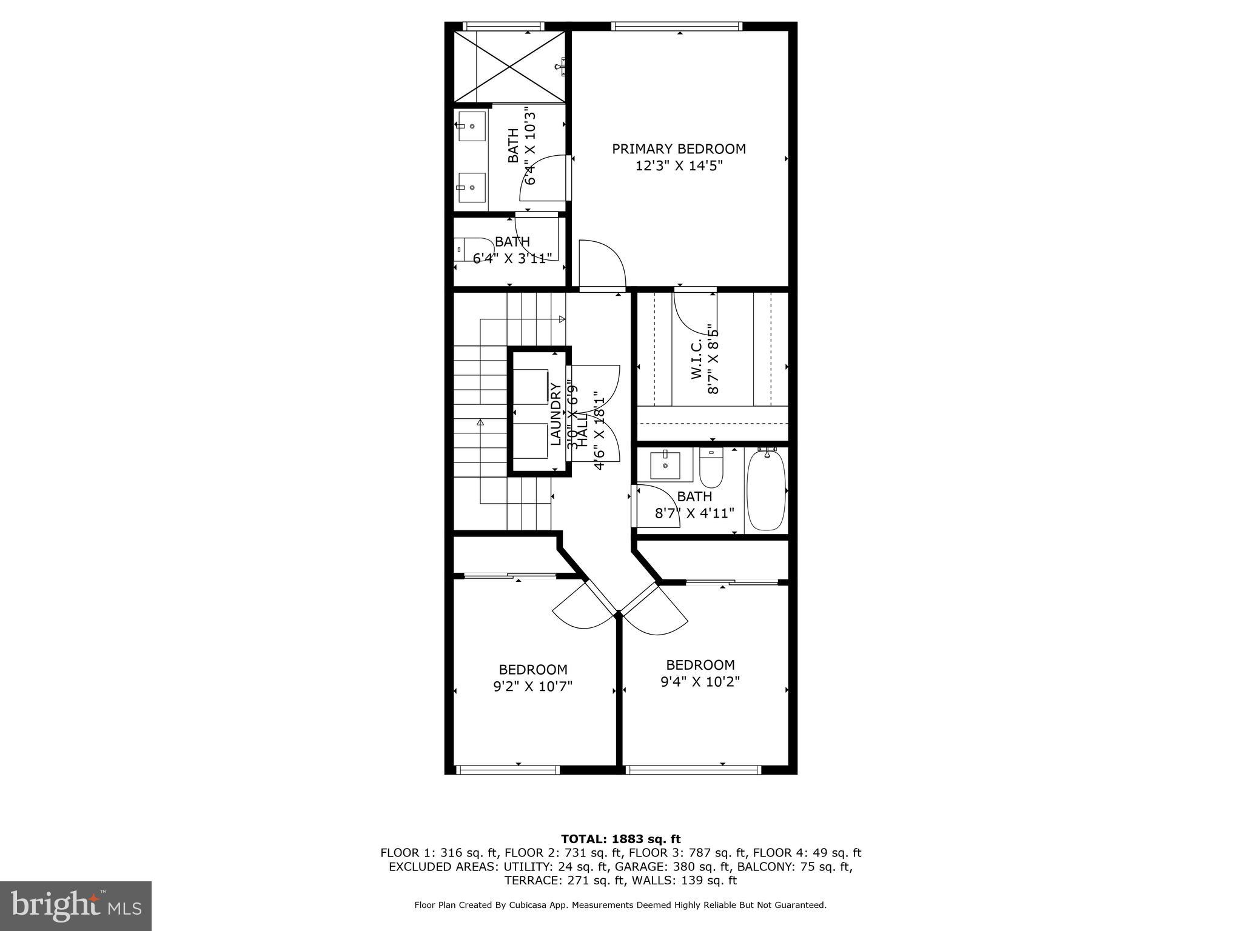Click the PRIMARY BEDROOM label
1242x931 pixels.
(679, 149)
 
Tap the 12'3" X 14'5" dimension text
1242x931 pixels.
(679, 166)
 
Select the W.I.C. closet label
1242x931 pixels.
(697, 359)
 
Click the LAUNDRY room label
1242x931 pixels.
(556, 414)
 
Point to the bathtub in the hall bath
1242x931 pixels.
(766, 490)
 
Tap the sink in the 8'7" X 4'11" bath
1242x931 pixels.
(665, 465)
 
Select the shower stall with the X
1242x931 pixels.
(509, 67)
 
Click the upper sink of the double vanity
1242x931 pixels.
(472, 126)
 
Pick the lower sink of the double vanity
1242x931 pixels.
(472, 188)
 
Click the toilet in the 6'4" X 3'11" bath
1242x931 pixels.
(474, 249)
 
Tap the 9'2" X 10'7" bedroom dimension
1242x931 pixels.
(533, 686)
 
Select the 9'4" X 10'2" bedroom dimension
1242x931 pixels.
(700, 681)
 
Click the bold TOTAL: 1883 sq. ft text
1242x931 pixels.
(620, 839)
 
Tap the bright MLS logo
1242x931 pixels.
(76, 905)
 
